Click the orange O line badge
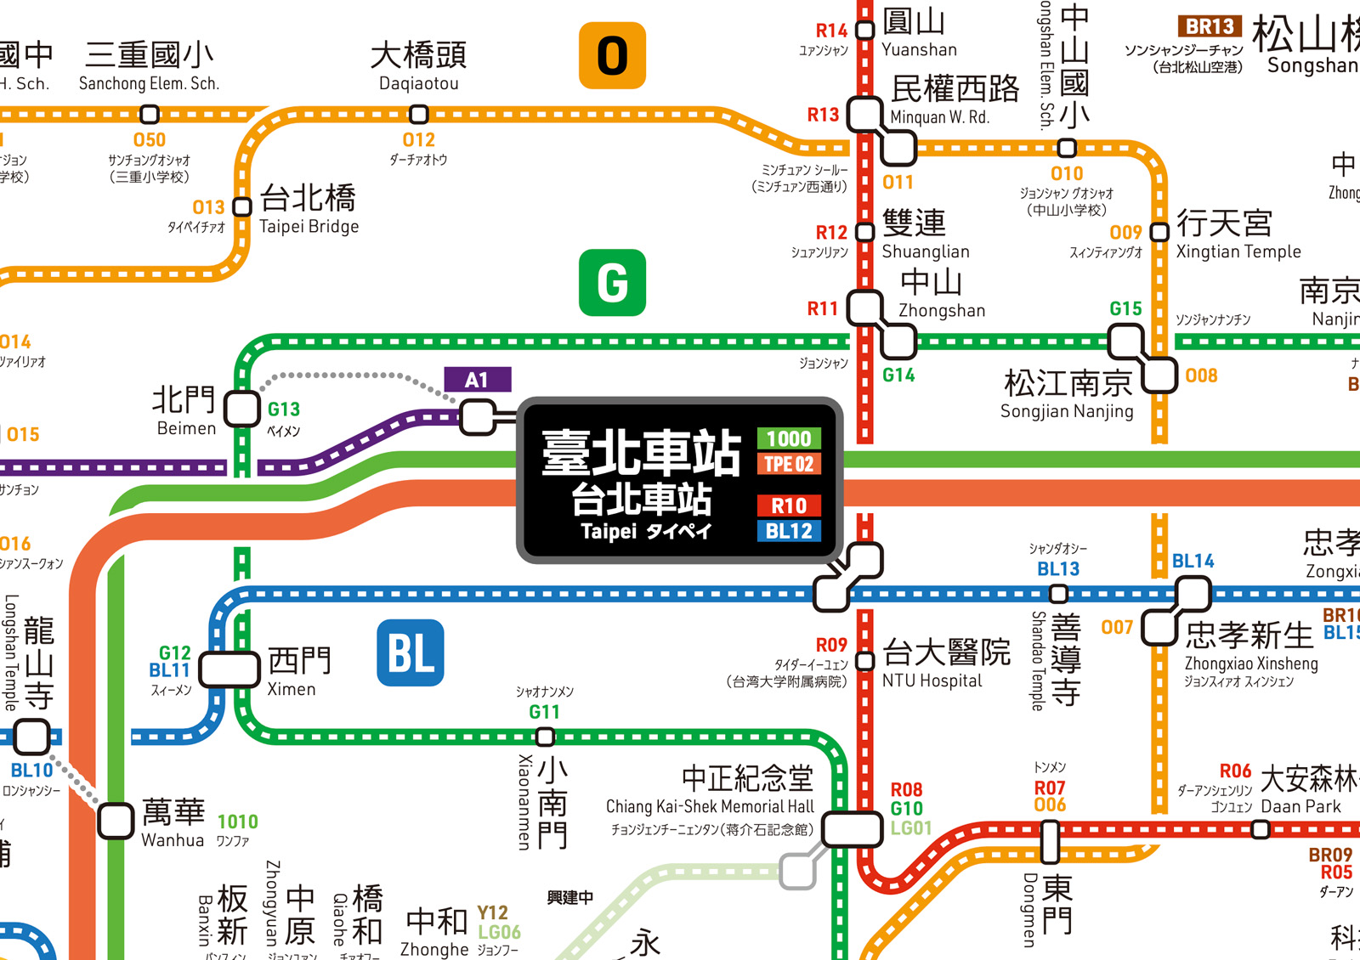click(612, 55)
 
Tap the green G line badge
click(612, 282)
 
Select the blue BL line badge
click(410, 652)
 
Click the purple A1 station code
click(477, 380)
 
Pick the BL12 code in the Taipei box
click(789, 531)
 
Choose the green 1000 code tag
click(789, 438)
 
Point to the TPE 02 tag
click(789, 464)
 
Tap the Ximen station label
click(297, 671)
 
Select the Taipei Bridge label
click(309, 209)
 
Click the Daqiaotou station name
click(418, 66)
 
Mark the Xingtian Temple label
click(1238, 234)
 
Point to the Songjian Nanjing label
click(1067, 395)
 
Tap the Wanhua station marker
click(116, 821)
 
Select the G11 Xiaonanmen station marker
click(545, 737)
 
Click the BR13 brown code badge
click(1210, 26)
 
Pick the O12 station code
click(418, 139)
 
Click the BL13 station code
click(1058, 569)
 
